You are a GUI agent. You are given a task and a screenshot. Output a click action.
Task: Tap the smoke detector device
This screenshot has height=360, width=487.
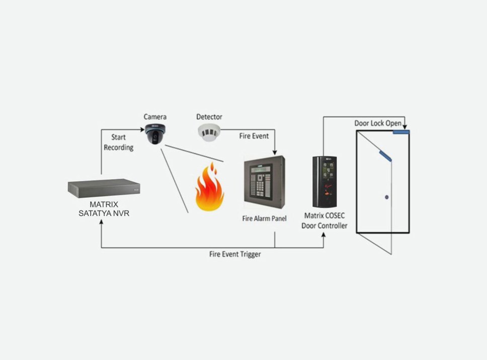pyautogui.click(x=209, y=132)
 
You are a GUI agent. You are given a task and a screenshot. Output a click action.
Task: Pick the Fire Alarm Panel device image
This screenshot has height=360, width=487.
pyautogui.click(x=265, y=182)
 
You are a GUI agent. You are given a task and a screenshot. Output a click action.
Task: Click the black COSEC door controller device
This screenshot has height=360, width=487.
pyautogui.click(x=324, y=182)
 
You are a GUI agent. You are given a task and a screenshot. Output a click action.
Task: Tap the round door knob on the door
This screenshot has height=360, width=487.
pyautogui.click(x=386, y=196)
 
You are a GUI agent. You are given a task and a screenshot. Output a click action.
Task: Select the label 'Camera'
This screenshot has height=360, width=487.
pyautogui.click(x=155, y=117)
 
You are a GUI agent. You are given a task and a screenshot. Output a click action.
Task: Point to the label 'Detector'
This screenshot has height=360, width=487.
pyautogui.click(x=209, y=117)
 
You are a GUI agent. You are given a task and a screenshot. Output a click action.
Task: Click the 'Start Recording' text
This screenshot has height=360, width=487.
pyautogui.click(x=119, y=142)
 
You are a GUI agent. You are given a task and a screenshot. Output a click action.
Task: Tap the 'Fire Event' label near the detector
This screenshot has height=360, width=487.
pyautogui.click(x=254, y=136)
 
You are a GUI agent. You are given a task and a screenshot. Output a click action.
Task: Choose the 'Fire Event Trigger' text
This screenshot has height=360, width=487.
pyautogui.click(x=235, y=254)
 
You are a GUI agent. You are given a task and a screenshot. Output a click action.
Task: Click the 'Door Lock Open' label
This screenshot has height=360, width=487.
pyautogui.click(x=378, y=123)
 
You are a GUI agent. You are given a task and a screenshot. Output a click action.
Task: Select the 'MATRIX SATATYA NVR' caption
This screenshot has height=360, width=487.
pyautogui.click(x=104, y=209)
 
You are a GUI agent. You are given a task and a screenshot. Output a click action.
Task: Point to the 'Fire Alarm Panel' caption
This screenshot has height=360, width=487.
pyautogui.click(x=263, y=219)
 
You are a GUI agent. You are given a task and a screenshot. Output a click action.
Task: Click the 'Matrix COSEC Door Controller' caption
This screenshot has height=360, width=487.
pyautogui.click(x=324, y=221)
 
